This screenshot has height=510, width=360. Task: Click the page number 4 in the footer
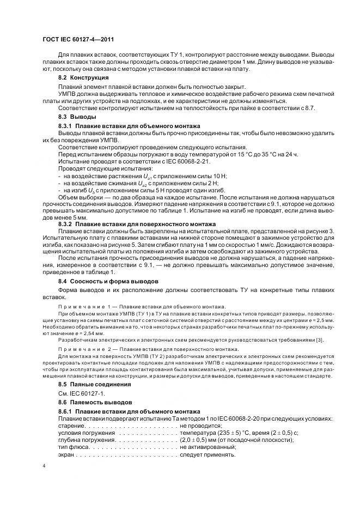click(x=44, y=466)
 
